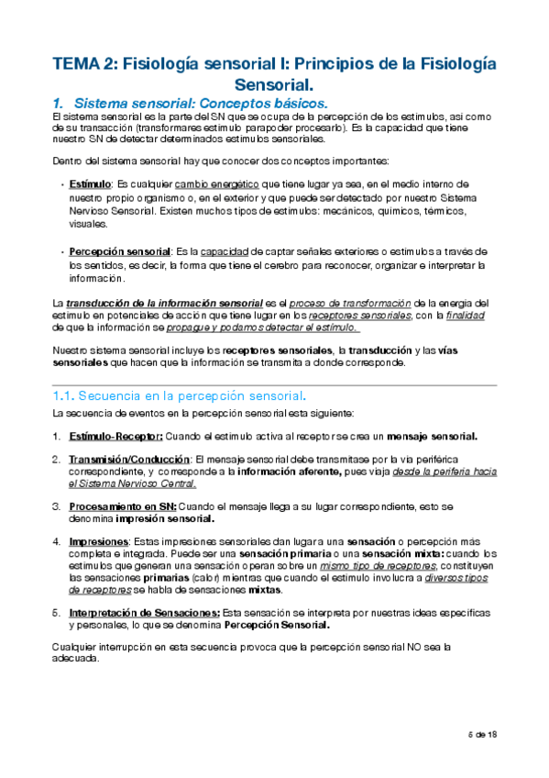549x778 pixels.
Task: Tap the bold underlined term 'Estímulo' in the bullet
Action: [x=90, y=184]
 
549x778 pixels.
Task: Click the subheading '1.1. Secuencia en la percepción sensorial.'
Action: [x=180, y=396]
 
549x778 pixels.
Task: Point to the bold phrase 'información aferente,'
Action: [x=288, y=471]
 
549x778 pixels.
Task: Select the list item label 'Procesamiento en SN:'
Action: [x=124, y=506]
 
